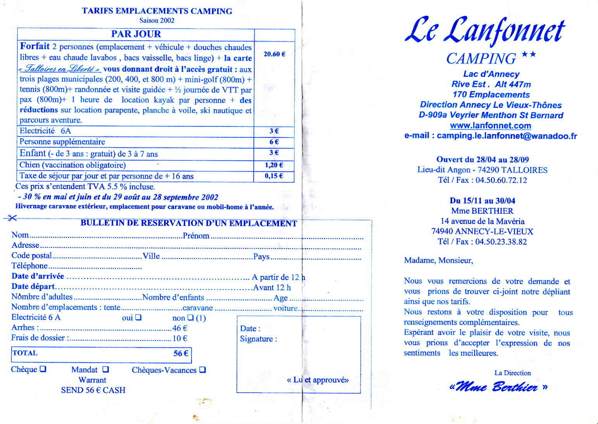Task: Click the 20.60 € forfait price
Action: (x=274, y=54)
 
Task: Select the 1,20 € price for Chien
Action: (x=274, y=165)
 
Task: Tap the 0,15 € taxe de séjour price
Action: (x=274, y=176)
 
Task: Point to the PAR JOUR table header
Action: (x=136, y=34)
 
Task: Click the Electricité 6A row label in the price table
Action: (x=45, y=131)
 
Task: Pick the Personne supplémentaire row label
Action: (x=62, y=142)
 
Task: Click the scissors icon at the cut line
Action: (x=12, y=218)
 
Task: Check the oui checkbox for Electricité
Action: (x=138, y=317)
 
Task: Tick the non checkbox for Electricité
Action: (x=190, y=317)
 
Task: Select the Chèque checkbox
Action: (x=43, y=369)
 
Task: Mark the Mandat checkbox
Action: (x=105, y=369)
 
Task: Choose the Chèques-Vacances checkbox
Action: (x=202, y=370)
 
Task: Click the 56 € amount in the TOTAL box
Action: (x=181, y=353)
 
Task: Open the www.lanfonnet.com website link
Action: (x=490, y=126)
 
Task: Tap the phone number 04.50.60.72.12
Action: (x=501, y=180)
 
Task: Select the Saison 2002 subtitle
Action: (x=157, y=21)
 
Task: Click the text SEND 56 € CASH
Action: (x=93, y=390)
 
